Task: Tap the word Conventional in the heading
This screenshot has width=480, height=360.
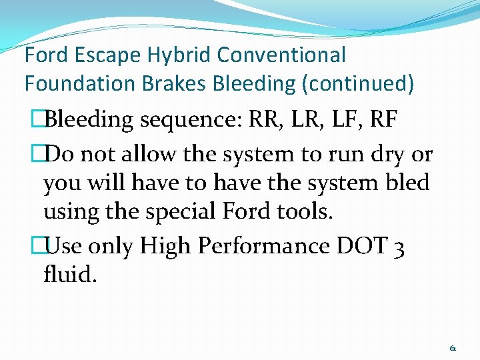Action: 281,55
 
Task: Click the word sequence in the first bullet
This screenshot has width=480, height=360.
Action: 189,121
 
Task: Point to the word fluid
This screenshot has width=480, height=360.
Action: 70,274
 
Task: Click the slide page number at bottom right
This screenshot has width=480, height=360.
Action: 453,348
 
